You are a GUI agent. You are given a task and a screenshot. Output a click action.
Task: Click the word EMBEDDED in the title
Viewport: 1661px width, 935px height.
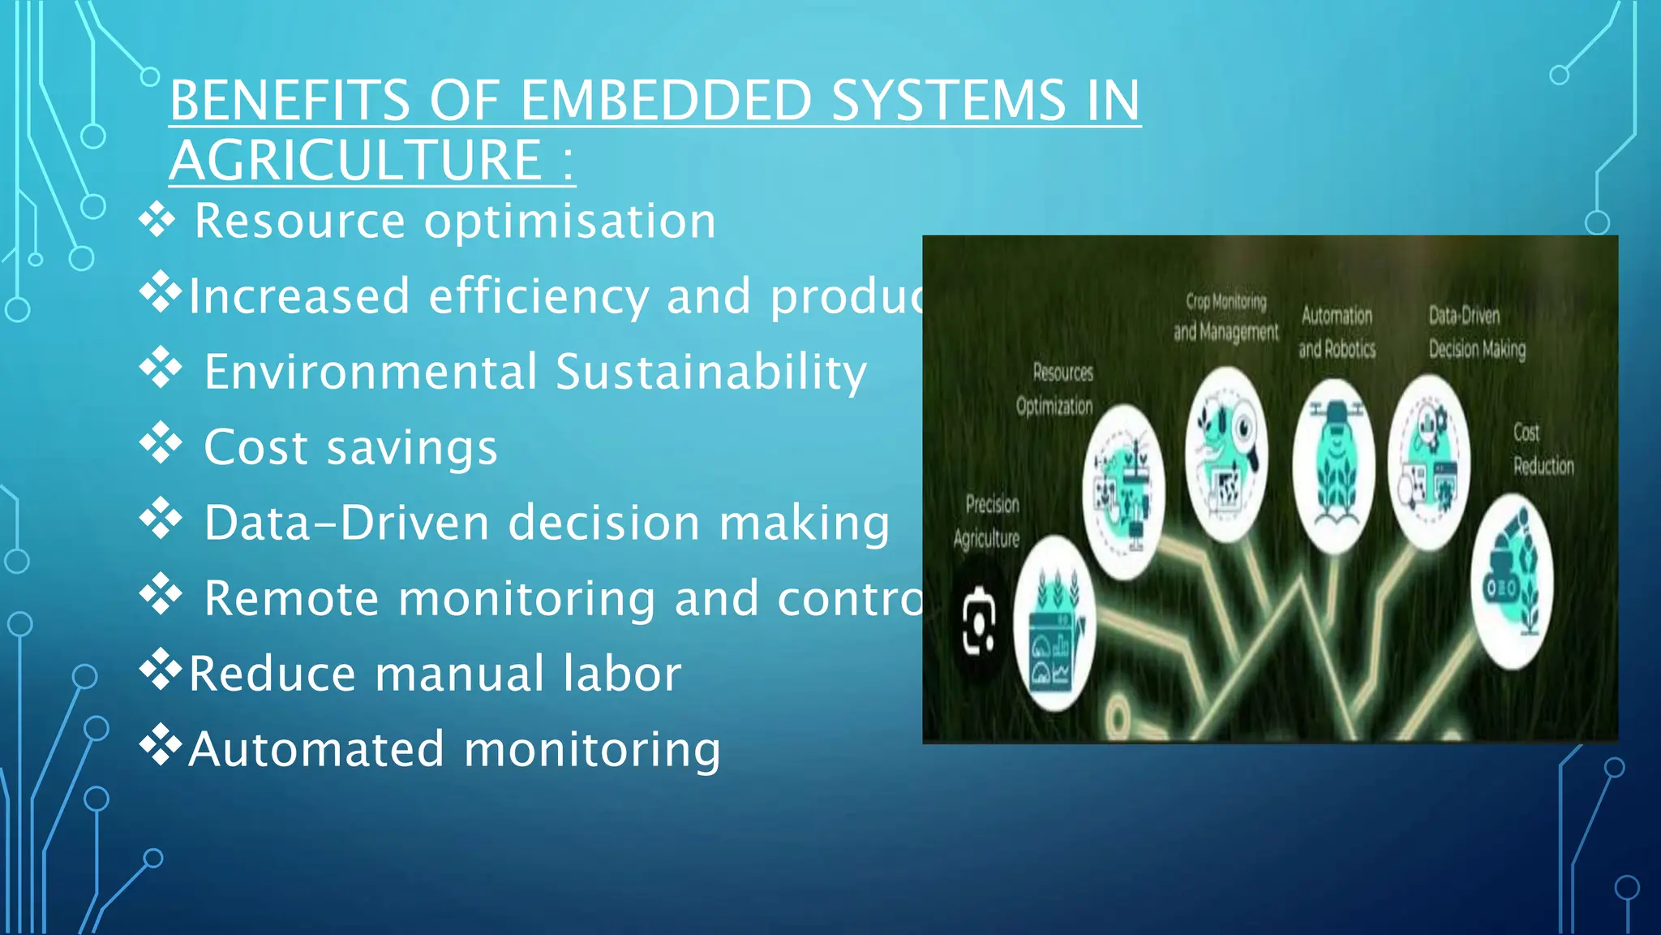coord(665,101)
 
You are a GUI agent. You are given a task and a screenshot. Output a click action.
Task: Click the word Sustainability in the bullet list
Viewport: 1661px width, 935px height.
coord(711,372)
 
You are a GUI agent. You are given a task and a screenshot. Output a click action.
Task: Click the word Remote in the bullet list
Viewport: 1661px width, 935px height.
coord(291,598)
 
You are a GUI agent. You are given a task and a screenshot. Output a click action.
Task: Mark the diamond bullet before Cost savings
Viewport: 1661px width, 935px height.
coord(161,442)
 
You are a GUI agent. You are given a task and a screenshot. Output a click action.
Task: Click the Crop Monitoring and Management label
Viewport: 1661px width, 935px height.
coord(1225,317)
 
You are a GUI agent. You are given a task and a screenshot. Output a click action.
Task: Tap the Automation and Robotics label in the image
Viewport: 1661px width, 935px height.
coord(1337,332)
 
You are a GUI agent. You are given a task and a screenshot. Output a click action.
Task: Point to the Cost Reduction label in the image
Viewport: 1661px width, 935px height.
coord(1542,449)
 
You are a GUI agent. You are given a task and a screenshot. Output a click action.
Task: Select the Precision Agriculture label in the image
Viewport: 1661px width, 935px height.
coord(988,521)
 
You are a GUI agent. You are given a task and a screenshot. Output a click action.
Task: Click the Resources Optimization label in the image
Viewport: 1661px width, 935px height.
coord(1056,389)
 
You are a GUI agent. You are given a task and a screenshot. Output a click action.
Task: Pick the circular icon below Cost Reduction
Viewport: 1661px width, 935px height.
coord(1512,581)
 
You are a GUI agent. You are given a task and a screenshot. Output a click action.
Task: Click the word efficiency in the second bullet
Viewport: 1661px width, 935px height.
coord(538,296)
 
